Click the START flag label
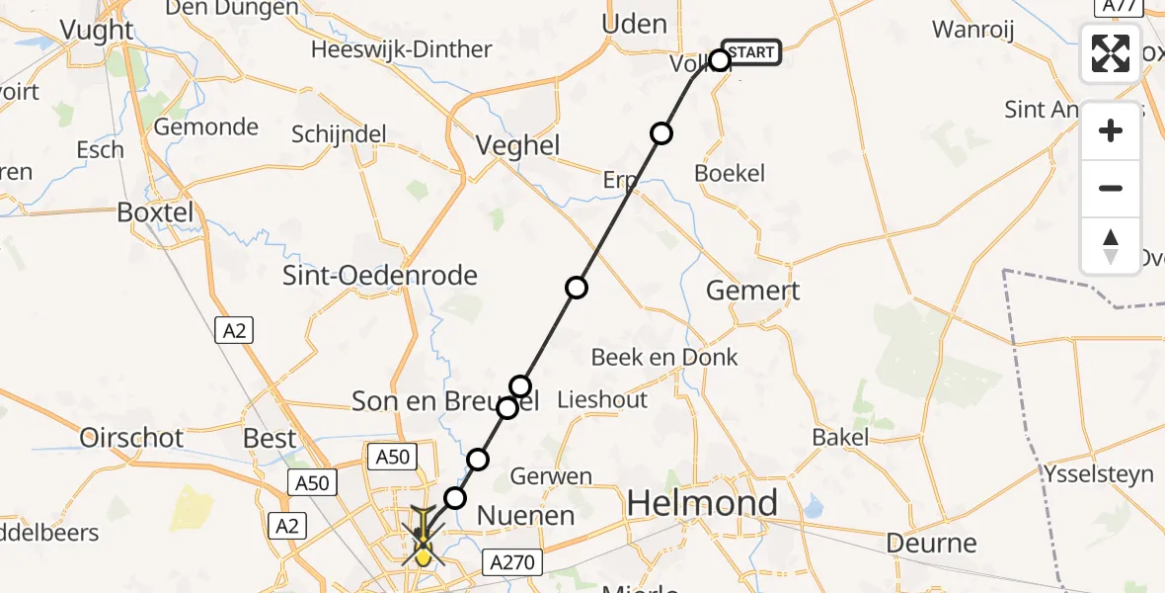coord(751,52)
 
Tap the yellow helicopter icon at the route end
coord(423,542)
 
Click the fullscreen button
coord(1111,53)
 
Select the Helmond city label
coord(702,504)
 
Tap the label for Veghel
coord(517,146)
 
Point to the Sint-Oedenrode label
coord(380,276)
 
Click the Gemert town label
coord(753,291)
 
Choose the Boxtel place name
coord(155,212)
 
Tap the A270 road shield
coord(513,562)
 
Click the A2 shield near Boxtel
coord(234,331)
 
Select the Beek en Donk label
coord(664,357)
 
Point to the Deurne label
coord(931,543)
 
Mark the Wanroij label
coord(973,30)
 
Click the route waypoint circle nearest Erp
coord(661,133)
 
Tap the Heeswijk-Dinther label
coord(401,49)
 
